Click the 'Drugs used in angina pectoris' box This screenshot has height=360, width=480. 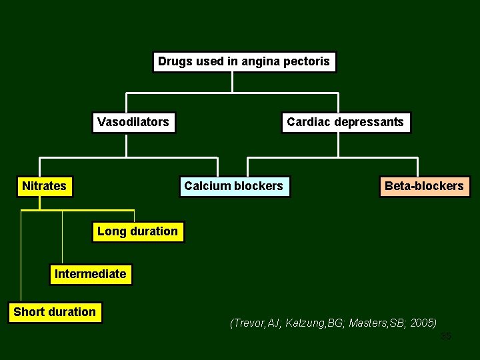tap(244, 62)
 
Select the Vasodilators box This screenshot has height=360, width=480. tap(133, 122)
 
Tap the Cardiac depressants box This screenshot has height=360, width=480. tap(345, 122)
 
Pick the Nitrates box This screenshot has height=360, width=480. tap(44, 186)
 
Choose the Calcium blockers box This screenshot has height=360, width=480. tap(233, 186)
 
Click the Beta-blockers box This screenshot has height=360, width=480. tap(424, 186)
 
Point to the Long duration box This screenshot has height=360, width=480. tap(137, 231)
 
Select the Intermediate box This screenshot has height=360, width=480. tap(90, 274)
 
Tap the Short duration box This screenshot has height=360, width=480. tap(55, 312)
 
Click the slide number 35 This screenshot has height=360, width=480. tap(446, 336)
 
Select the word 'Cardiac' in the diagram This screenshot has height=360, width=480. tap(308, 122)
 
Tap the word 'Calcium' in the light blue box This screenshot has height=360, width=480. tap(205, 186)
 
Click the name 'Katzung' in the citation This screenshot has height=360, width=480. tap(306, 323)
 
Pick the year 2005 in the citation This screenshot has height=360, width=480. tap(423, 323)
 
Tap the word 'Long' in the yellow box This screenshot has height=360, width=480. tap(111, 231)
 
